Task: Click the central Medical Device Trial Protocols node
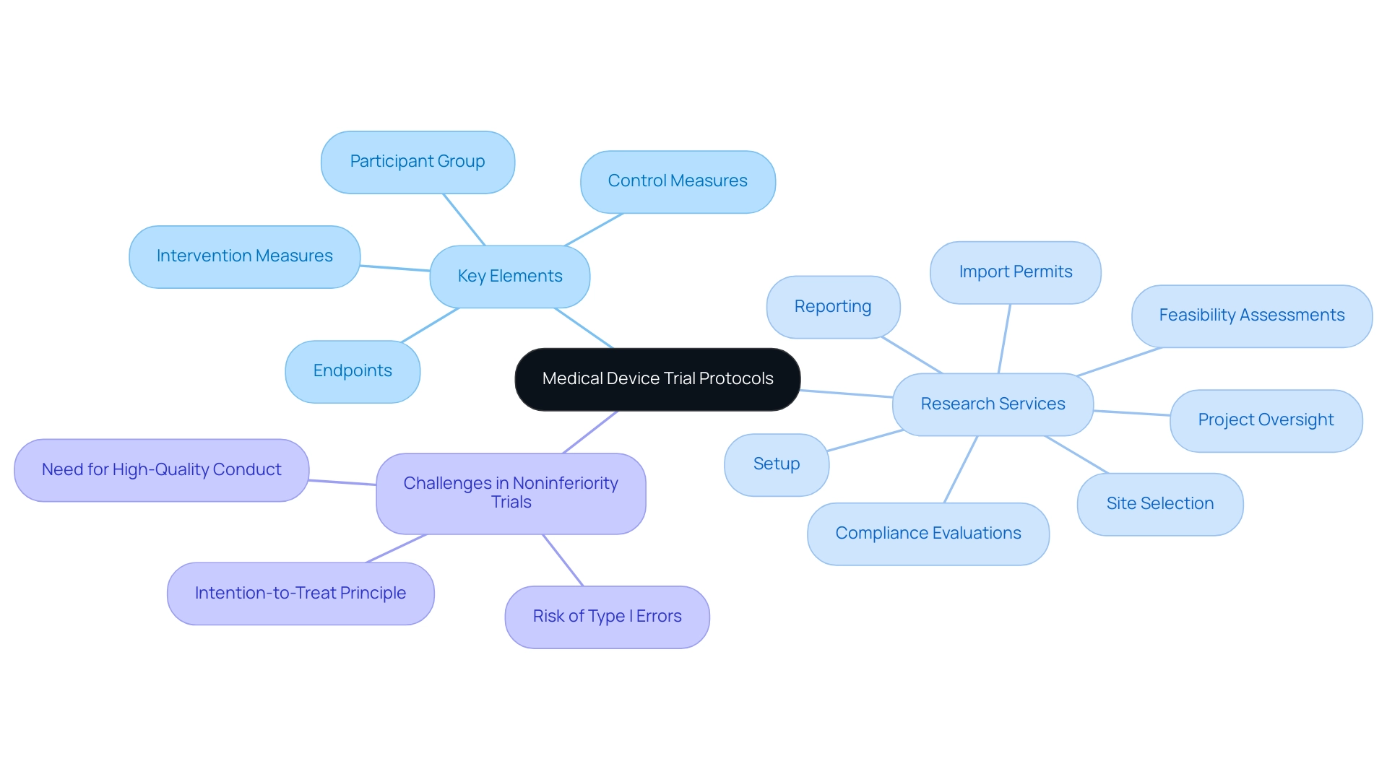(657, 379)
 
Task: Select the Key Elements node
(510, 277)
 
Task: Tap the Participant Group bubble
(418, 162)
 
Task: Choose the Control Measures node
(678, 181)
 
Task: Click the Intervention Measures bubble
(245, 256)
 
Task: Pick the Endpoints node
(353, 371)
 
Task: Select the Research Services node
(993, 404)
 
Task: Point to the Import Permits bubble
(1015, 272)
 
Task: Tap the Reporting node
(833, 307)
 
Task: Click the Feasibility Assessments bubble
(1251, 316)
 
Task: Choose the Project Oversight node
(1266, 420)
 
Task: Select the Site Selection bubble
(1159, 504)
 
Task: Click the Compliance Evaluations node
(928, 534)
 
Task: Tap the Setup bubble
(777, 464)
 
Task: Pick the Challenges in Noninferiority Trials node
(511, 493)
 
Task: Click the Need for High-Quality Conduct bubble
(162, 470)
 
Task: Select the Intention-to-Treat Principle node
(301, 594)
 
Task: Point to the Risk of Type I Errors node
(607, 617)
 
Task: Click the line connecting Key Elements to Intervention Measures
(395, 269)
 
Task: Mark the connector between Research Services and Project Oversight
(1131, 413)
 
